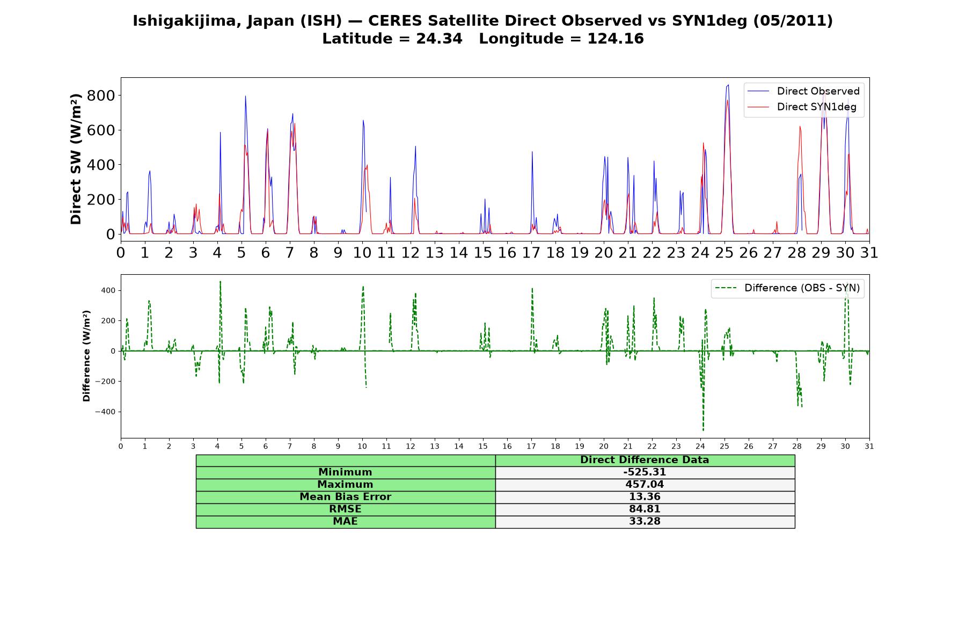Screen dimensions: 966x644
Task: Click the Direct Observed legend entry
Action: pyautogui.click(x=803, y=91)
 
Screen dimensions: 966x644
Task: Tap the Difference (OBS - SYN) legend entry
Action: pyautogui.click(x=787, y=288)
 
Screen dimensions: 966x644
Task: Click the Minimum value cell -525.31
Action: pyautogui.click(x=645, y=472)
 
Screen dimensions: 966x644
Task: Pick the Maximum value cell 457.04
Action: pyautogui.click(x=645, y=485)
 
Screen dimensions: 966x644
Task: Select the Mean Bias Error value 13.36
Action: pyautogui.click(x=645, y=497)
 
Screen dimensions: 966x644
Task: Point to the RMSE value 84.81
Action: pyautogui.click(x=645, y=509)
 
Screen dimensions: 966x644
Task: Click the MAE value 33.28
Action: pyautogui.click(x=645, y=522)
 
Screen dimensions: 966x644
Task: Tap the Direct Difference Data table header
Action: pyautogui.click(x=645, y=460)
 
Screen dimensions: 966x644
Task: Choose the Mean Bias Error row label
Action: pyautogui.click(x=345, y=497)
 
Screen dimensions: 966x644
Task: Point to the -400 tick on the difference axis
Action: pyautogui.click(x=105, y=412)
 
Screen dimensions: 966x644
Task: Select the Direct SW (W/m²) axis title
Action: pyautogui.click(x=76, y=159)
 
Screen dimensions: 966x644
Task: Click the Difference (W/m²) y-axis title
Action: pyautogui.click(x=86, y=356)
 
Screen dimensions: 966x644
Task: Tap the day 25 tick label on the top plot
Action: pyautogui.click(x=724, y=253)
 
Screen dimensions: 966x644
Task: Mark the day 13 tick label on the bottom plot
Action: pyautogui.click(x=435, y=446)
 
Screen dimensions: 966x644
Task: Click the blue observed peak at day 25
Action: pyautogui.click(x=728, y=85)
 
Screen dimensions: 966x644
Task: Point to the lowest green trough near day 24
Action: pyautogui.click(x=703, y=430)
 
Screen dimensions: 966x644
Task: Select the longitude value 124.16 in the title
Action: pyautogui.click(x=616, y=39)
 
